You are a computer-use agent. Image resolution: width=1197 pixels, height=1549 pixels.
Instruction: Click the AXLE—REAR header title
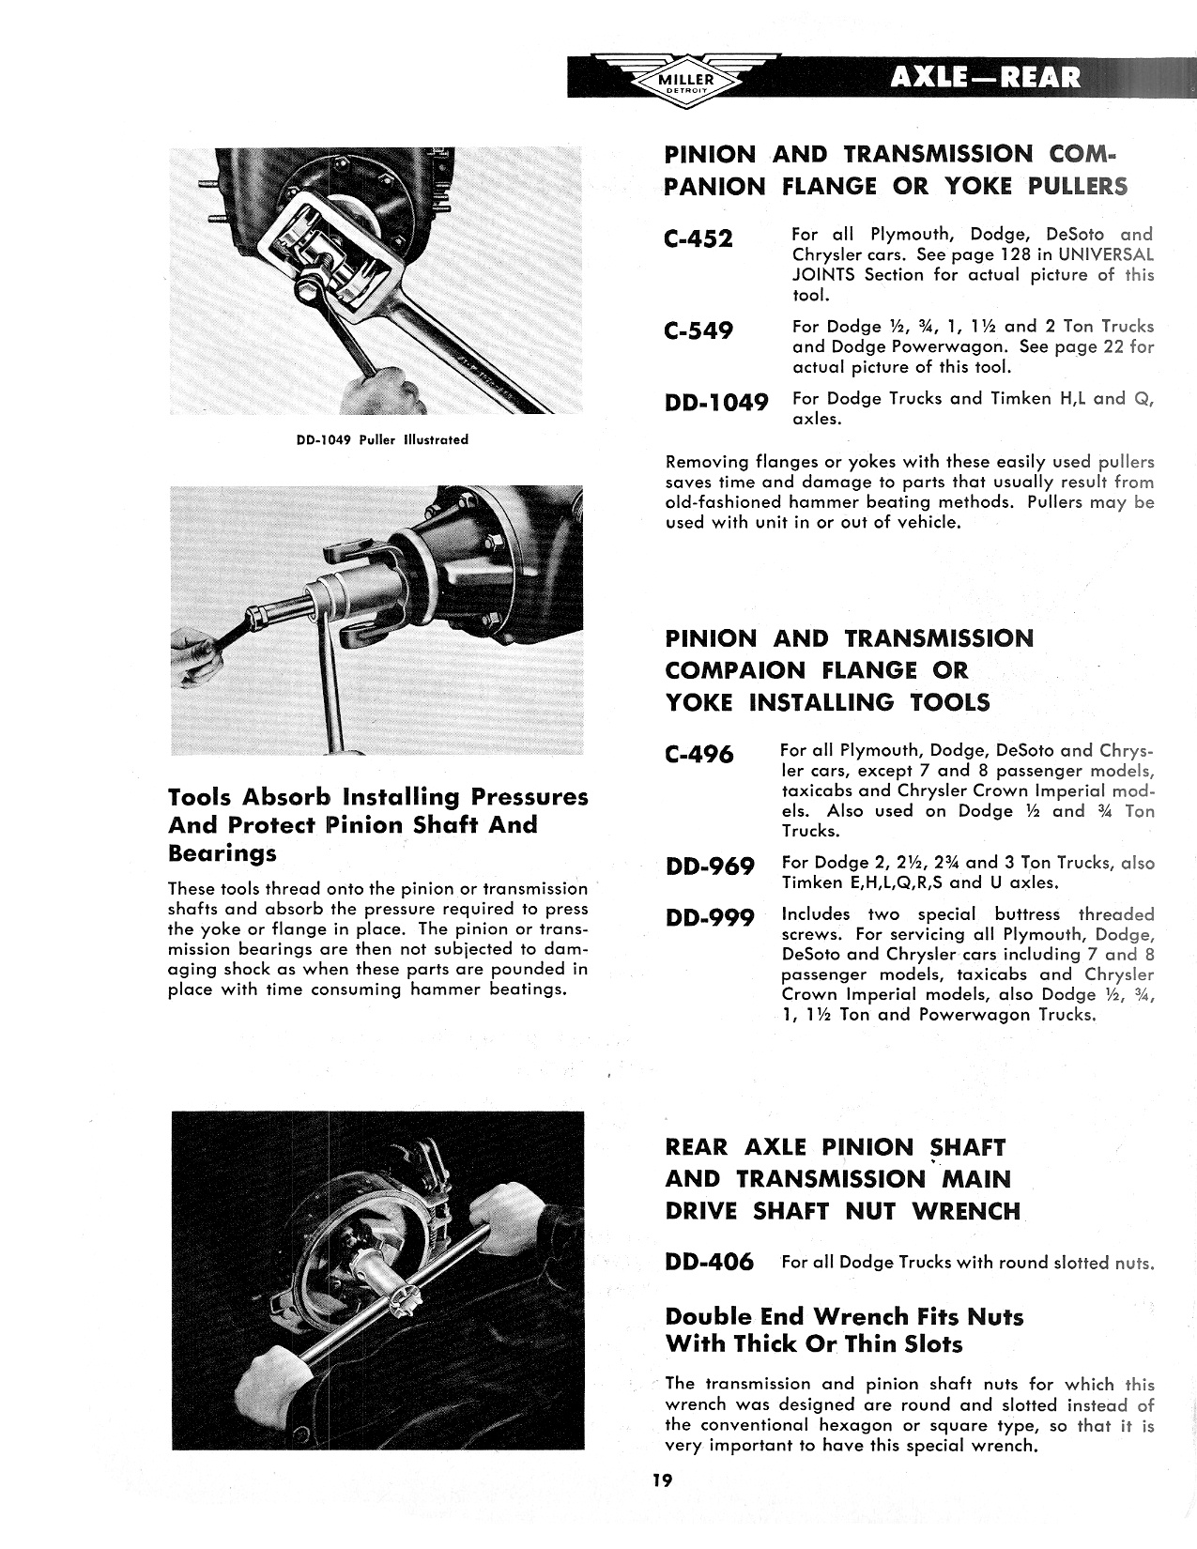pos(986,78)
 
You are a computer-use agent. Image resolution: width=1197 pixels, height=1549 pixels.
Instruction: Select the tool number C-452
pos(698,239)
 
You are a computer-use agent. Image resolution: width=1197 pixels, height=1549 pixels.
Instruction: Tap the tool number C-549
pos(698,331)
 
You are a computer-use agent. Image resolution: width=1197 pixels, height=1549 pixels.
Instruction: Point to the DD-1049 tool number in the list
pos(716,403)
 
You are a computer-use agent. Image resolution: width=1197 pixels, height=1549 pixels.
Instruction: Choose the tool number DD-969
pos(709,866)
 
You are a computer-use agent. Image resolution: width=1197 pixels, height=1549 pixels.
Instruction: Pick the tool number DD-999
pos(709,917)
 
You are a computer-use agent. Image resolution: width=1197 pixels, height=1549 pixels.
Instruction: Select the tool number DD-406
pos(709,1263)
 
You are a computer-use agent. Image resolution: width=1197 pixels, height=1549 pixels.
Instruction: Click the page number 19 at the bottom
pos(663,1480)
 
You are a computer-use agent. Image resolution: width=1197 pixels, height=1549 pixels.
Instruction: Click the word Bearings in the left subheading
pos(223,853)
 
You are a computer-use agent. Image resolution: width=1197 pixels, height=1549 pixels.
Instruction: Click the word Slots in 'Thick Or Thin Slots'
pos(930,1344)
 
